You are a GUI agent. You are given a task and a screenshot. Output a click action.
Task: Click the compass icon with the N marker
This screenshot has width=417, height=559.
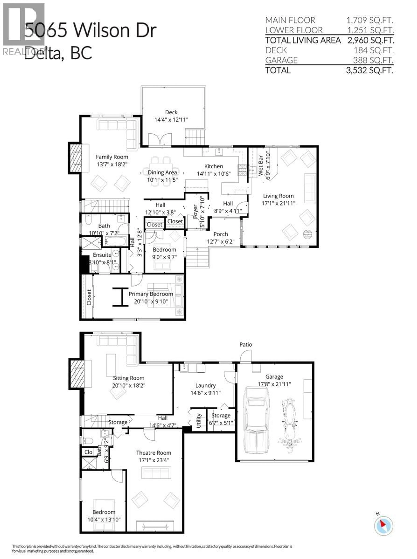pos(383,526)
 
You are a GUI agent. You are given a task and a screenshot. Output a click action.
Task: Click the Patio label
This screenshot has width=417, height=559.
pos(246,344)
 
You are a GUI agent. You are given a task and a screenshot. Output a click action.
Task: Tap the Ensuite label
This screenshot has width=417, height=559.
pos(102,255)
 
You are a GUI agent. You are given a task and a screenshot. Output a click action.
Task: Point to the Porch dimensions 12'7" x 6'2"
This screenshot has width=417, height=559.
pos(221,242)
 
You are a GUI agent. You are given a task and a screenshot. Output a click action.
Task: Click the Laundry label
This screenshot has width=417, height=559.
pos(205,386)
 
